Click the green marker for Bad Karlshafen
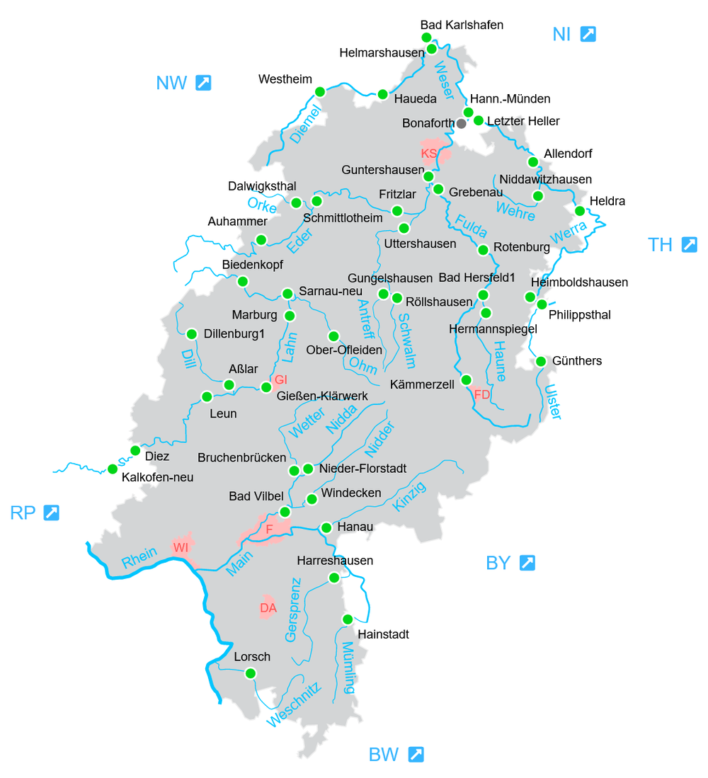click(426, 37)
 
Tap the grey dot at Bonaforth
click(462, 123)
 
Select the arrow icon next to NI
click(588, 33)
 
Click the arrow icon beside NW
click(203, 83)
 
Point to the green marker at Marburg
click(290, 315)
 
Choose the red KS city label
click(429, 153)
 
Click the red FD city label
click(482, 394)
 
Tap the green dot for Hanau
click(326, 527)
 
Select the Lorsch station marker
click(251, 673)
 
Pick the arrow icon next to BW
click(416, 754)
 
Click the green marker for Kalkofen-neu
click(112, 469)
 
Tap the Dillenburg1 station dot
click(191, 334)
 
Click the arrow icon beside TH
click(689, 245)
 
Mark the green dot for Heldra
click(580, 210)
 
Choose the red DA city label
click(268, 607)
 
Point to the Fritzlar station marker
click(397, 210)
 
